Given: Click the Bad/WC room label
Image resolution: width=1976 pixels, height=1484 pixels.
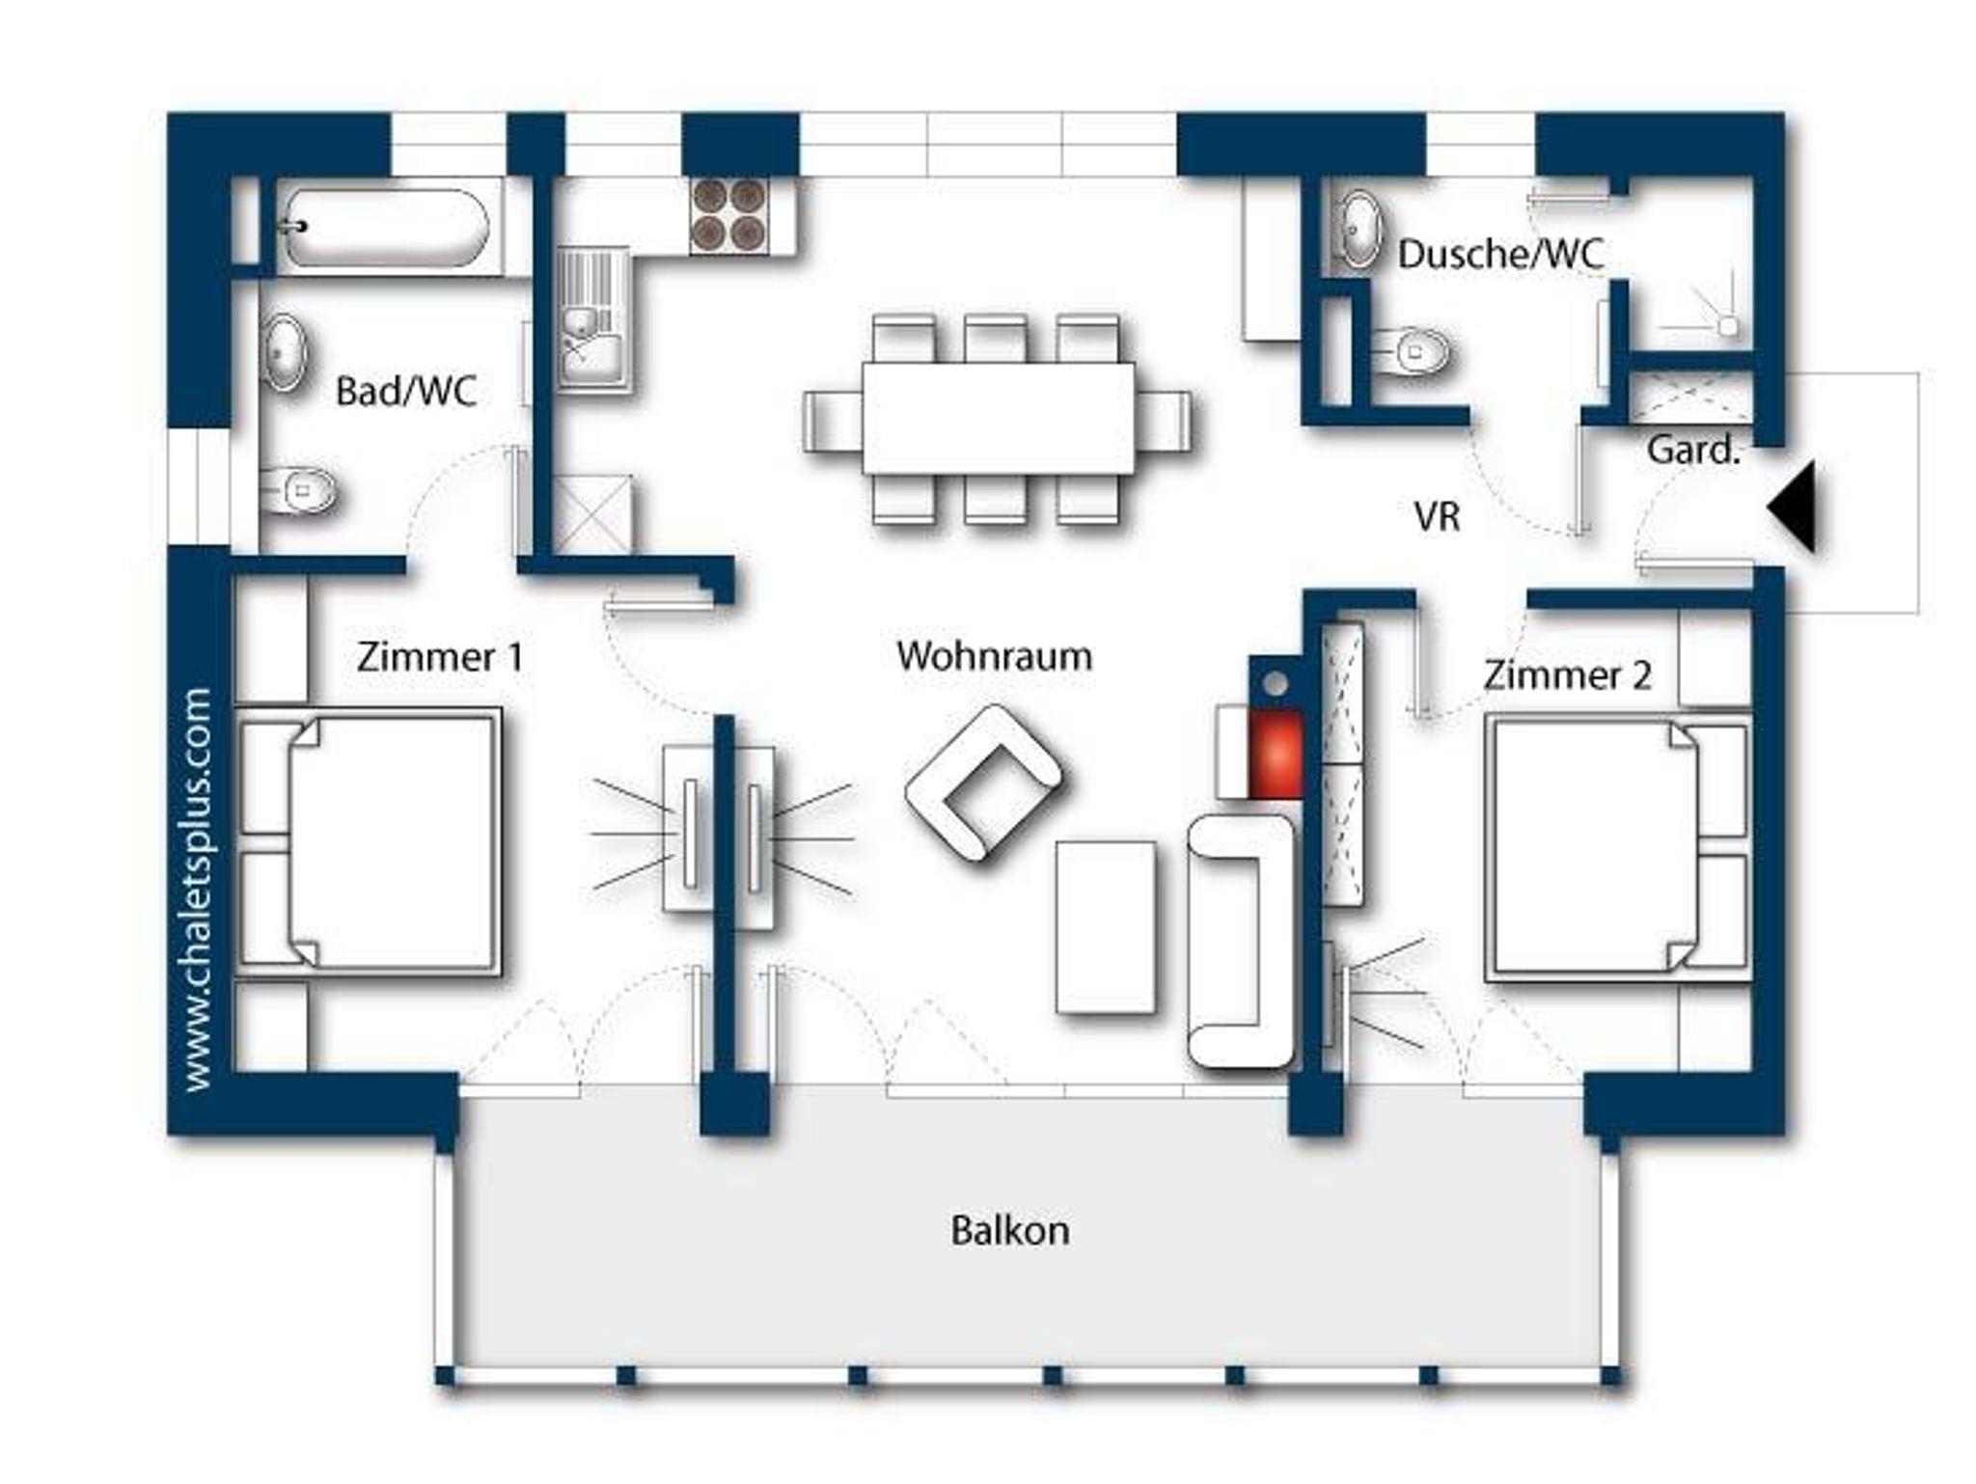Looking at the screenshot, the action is click(x=406, y=392).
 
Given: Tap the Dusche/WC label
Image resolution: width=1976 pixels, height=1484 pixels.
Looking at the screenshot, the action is click(x=1500, y=255).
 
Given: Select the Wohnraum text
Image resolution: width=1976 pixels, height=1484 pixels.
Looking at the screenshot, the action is click(x=994, y=656).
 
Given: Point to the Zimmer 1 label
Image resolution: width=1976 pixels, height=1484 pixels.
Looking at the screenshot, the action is click(x=440, y=657).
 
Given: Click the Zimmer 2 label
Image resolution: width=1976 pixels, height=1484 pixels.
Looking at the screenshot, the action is click(x=1567, y=675).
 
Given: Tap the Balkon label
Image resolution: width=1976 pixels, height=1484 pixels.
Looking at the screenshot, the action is click(x=1010, y=1230).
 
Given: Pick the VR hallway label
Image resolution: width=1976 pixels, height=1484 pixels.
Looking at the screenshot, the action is click(x=1438, y=517).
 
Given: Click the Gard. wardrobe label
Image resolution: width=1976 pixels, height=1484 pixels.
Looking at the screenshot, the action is click(x=1693, y=451).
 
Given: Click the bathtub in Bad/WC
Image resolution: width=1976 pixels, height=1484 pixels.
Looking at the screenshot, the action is click(x=385, y=228).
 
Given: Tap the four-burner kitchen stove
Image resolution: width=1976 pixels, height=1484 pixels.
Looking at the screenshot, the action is click(x=729, y=215).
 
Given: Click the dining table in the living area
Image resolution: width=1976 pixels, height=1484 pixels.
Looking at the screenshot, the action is click(x=998, y=418).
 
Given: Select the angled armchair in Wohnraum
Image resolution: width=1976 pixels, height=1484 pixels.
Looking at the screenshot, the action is click(x=983, y=783).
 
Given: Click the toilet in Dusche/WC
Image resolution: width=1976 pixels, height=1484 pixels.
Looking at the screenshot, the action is click(x=1410, y=349).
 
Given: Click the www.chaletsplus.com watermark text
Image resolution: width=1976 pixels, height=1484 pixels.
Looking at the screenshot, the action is click(x=197, y=890).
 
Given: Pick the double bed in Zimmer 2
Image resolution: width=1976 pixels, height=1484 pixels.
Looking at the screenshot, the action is click(x=1618, y=847).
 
